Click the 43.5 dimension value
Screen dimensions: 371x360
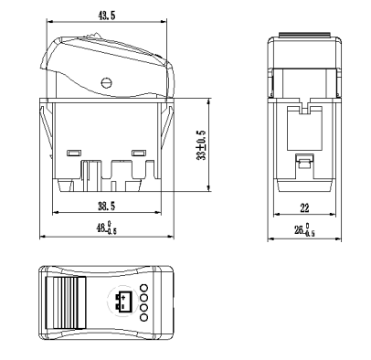107,16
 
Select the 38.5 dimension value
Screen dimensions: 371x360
107,206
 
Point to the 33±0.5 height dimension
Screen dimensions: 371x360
201,145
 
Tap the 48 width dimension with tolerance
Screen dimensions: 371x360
107,228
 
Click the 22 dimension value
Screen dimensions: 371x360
304,208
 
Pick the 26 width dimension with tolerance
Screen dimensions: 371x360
304,230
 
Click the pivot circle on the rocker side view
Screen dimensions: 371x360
106,82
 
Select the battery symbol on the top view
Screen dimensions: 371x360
123,302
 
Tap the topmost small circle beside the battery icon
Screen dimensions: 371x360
143,288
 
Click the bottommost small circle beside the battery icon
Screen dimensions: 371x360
143,318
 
